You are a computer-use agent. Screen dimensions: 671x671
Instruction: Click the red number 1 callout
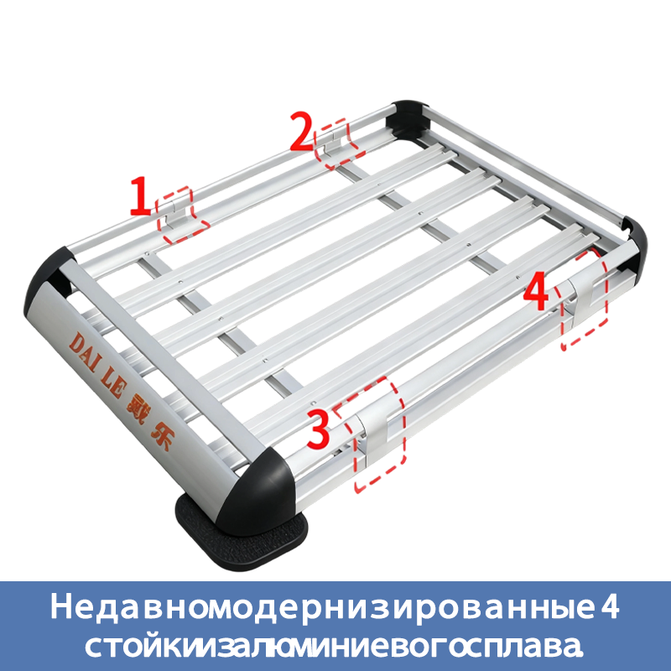point(141,196)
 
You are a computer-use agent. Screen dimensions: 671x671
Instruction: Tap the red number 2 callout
point(303,131)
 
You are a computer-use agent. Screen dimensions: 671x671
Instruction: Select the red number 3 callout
point(318,429)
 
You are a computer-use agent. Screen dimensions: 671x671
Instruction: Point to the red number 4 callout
point(536,293)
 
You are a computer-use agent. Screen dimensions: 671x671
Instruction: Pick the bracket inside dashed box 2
point(334,144)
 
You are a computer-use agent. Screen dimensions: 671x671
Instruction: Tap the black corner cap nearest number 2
point(408,117)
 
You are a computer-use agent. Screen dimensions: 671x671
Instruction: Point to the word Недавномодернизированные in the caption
point(320,606)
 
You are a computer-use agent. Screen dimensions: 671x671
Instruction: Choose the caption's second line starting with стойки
point(334,646)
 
